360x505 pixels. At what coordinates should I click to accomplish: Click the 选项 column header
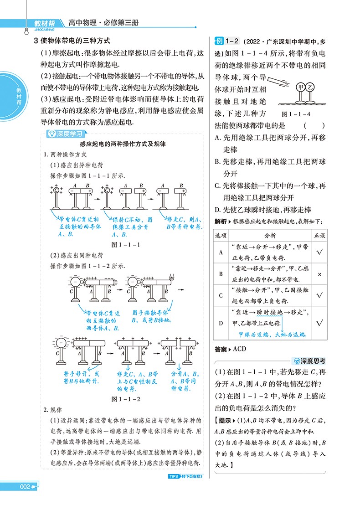coord(221,236)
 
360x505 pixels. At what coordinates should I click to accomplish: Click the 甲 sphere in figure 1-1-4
coord(300,86)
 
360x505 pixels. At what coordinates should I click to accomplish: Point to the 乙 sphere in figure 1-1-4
coord(311,86)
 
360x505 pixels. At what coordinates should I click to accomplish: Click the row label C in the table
coord(221,295)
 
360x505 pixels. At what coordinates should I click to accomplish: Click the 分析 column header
coord(270,236)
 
